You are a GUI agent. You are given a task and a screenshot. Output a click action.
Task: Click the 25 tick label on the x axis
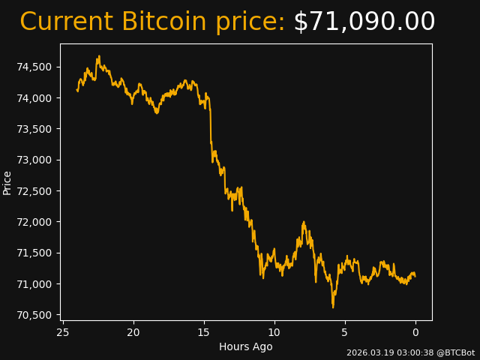[63, 332]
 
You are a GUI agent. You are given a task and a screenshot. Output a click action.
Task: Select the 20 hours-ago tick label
[133, 332]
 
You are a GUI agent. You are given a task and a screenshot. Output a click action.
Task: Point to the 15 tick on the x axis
[204, 332]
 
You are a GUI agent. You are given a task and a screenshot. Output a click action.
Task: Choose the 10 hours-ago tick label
[274, 332]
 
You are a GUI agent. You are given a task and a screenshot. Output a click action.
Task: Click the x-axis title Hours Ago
[246, 346]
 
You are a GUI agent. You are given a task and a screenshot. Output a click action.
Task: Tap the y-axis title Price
[7, 182]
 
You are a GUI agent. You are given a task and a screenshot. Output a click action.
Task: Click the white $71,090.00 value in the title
[364, 22]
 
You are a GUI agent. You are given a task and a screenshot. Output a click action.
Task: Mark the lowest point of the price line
[333, 307]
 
